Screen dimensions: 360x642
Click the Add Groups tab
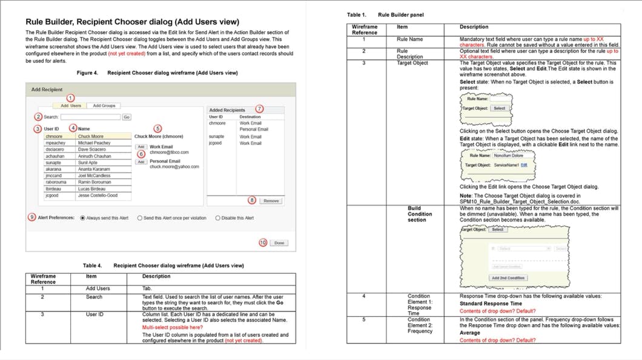point(104,105)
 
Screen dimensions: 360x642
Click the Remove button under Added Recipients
point(271,201)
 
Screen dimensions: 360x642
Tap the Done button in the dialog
point(279,243)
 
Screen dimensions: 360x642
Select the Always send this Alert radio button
point(82,218)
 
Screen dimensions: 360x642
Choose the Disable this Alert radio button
point(218,218)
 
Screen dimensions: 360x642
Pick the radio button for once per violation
point(140,218)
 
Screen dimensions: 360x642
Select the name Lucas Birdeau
point(91,189)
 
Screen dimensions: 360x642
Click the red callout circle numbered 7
point(259,108)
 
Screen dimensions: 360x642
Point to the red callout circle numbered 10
point(262,242)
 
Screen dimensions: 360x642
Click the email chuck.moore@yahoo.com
point(174,167)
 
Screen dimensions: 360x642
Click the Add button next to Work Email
point(141,147)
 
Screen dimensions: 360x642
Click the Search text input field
point(90,117)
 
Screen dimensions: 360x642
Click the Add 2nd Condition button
point(508,278)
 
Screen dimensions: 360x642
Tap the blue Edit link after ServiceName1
point(524,165)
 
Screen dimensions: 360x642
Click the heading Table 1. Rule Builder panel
point(385,15)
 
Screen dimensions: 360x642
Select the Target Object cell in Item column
point(412,63)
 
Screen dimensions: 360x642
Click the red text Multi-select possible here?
point(172,327)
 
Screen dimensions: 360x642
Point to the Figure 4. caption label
point(87,73)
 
